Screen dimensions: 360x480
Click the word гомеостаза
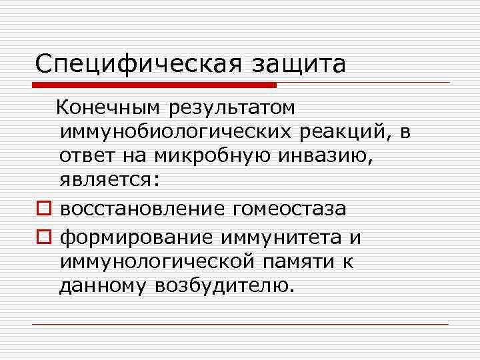click(289, 209)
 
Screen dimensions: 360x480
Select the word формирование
click(138, 237)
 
